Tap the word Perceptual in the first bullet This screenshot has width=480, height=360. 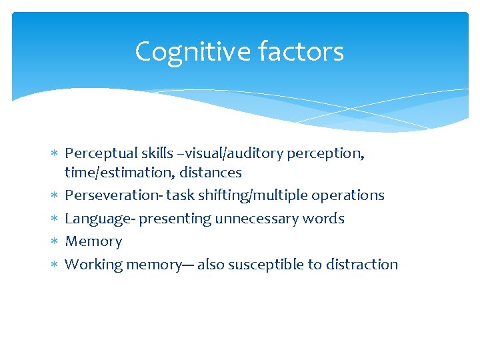pyautogui.click(x=97, y=153)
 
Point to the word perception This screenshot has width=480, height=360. pyautogui.click(x=325, y=153)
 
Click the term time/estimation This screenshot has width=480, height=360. pyautogui.click(x=112, y=173)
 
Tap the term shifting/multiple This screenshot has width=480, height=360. pyautogui.click(x=243, y=195)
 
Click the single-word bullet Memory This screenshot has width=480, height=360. pyautogui.click(x=93, y=241)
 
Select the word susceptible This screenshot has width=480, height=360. pyautogui.click(x=265, y=265)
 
